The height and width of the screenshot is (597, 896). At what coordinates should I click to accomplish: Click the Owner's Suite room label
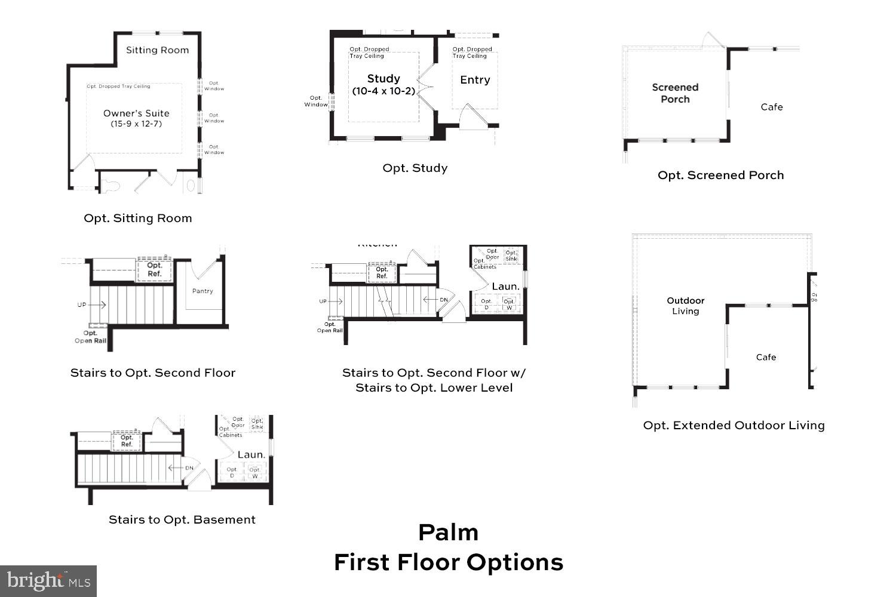[x=136, y=113]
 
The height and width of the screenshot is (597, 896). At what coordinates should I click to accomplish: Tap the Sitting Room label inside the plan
[x=157, y=50]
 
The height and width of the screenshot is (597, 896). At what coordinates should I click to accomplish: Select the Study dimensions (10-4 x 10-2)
[x=383, y=91]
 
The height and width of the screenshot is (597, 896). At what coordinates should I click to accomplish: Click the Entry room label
[x=475, y=80]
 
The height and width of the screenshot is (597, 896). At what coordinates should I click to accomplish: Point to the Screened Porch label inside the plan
[x=675, y=93]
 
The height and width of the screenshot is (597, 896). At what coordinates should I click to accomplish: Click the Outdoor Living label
[x=686, y=306]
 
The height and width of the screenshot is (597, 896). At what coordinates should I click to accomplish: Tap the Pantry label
[x=202, y=291]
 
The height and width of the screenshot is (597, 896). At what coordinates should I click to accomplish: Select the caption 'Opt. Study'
[x=415, y=168]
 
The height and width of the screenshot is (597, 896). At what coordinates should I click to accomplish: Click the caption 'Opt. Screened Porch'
[x=720, y=176]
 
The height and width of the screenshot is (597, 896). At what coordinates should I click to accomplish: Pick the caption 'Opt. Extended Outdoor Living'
[x=734, y=426]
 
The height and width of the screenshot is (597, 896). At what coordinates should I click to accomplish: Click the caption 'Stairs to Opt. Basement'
[x=182, y=520]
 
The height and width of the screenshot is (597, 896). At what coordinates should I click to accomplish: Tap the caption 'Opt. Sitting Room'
[x=138, y=219]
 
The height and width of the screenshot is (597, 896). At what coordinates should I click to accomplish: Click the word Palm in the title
[x=448, y=533]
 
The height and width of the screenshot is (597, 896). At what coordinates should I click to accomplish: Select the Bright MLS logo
[x=48, y=581]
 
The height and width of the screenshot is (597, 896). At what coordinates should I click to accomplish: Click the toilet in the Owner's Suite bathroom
[x=111, y=186]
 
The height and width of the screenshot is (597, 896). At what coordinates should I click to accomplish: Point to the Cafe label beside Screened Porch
[x=771, y=107]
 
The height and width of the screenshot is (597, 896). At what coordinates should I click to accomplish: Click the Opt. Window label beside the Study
[x=316, y=101]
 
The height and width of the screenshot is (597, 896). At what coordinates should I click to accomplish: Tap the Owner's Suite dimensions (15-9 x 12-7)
[x=136, y=124]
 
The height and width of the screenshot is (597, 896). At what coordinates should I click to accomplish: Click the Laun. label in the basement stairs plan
[x=251, y=455]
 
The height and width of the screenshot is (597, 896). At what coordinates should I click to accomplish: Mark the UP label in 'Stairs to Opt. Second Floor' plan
[x=82, y=305]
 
